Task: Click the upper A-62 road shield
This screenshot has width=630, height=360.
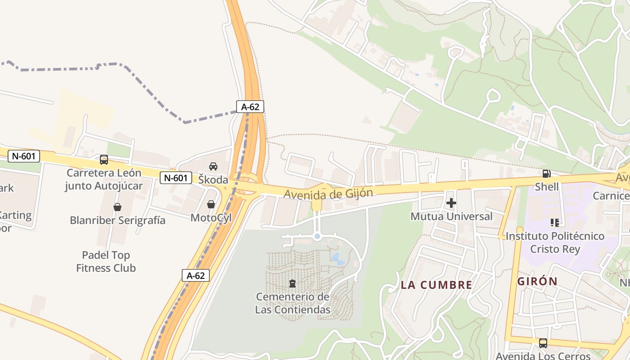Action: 250,107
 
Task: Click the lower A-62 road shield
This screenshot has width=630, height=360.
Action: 196,275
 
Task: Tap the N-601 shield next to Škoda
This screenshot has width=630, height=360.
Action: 175,178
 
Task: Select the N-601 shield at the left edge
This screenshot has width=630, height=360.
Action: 24,156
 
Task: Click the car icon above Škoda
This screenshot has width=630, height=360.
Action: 213,166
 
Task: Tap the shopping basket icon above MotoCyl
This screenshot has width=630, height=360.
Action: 211,205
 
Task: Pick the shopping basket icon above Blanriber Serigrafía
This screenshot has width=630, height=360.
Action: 117,207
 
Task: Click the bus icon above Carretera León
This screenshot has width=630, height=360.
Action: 104,160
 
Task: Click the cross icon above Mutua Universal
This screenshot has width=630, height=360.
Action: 451,203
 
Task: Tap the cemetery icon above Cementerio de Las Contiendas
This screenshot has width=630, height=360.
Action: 292,283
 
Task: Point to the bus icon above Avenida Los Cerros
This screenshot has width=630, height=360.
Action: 543,343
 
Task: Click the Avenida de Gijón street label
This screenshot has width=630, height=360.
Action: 328,193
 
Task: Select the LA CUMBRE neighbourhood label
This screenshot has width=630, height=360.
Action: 436,285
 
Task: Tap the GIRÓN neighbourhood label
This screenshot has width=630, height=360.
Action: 537,282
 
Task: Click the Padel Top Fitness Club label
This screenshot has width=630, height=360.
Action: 106,261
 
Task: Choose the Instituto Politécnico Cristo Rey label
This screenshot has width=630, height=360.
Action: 555,242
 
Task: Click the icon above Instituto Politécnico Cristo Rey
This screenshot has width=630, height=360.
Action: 555,222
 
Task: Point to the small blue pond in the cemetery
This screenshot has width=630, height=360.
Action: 336,258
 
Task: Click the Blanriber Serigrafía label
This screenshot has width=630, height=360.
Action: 117,220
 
